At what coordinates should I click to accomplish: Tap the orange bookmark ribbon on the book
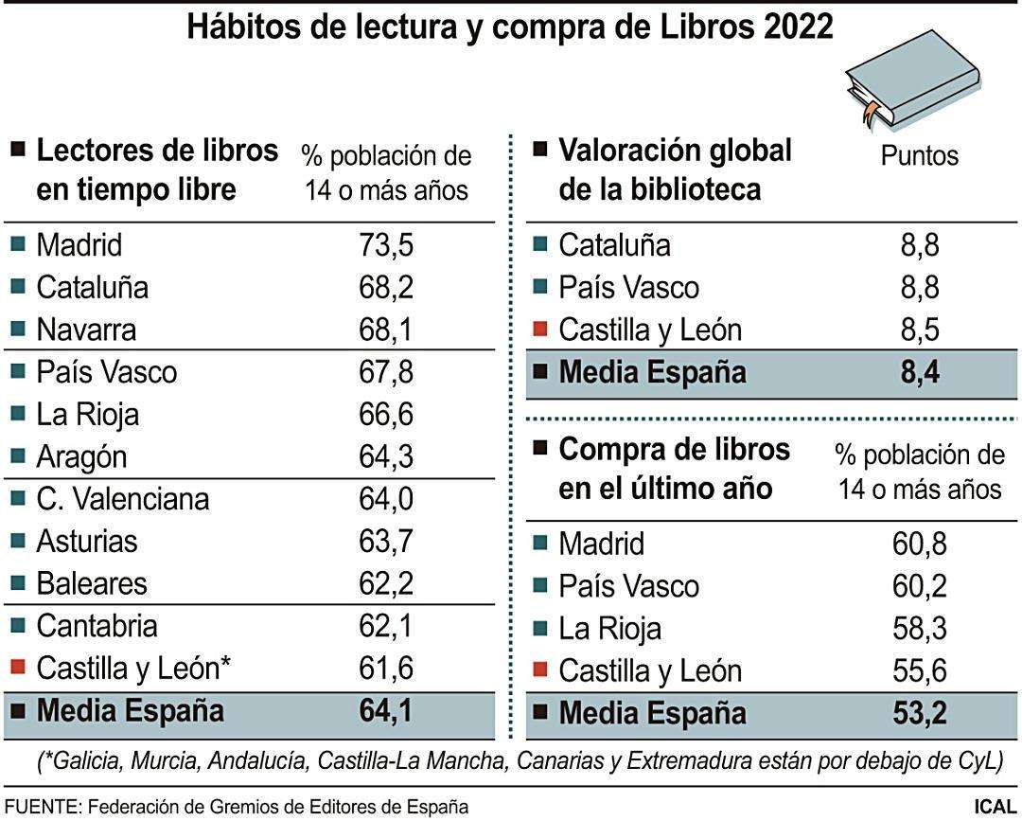(x=868, y=112)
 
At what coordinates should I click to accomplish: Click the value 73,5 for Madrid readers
(x=386, y=245)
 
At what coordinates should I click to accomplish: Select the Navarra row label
(x=86, y=330)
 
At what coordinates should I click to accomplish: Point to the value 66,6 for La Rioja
(x=386, y=414)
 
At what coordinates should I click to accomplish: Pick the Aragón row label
(x=81, y=456)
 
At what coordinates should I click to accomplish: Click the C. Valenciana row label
(x=123, y=498)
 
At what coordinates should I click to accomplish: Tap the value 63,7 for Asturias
(x=386, y=541)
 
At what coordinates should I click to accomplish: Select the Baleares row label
(x=92, y=582)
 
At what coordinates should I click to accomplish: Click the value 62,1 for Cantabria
(x=386, y=625)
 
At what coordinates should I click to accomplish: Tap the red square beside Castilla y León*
(x=17, y=668)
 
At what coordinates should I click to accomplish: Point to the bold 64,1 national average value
(x=386, y=710)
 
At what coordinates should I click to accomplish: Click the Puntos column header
(x=920, y=155)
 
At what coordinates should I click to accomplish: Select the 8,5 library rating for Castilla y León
(x=920, y=330)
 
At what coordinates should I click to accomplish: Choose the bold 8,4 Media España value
(x=920, y=372)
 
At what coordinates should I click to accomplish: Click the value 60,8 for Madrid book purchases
(x=920, y=544)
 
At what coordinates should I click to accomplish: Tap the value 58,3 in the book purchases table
(x=920, y=628)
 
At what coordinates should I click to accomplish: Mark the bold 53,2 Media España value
(x=920, y=713)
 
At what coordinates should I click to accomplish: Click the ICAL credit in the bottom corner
(x=995, y=807)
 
